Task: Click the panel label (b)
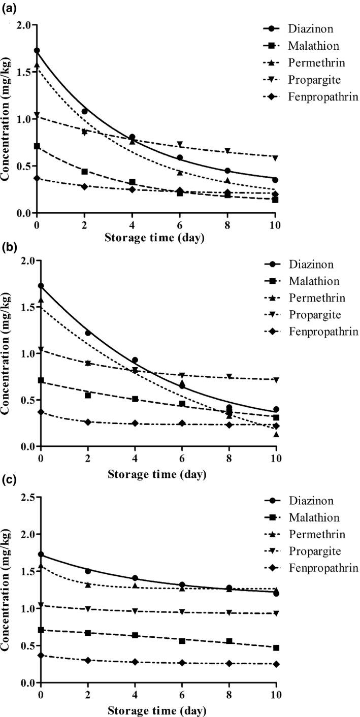pyautogui.click(x=7, y=249)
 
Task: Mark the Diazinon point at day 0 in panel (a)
pyautogui.click(x=37, y=50)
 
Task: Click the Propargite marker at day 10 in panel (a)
pyautogui.click(x=275, y=158)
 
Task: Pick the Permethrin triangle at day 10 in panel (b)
pyautogui.click(x=275, y=434)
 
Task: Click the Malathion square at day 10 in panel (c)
pyautogui.click(x=275, y=648)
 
